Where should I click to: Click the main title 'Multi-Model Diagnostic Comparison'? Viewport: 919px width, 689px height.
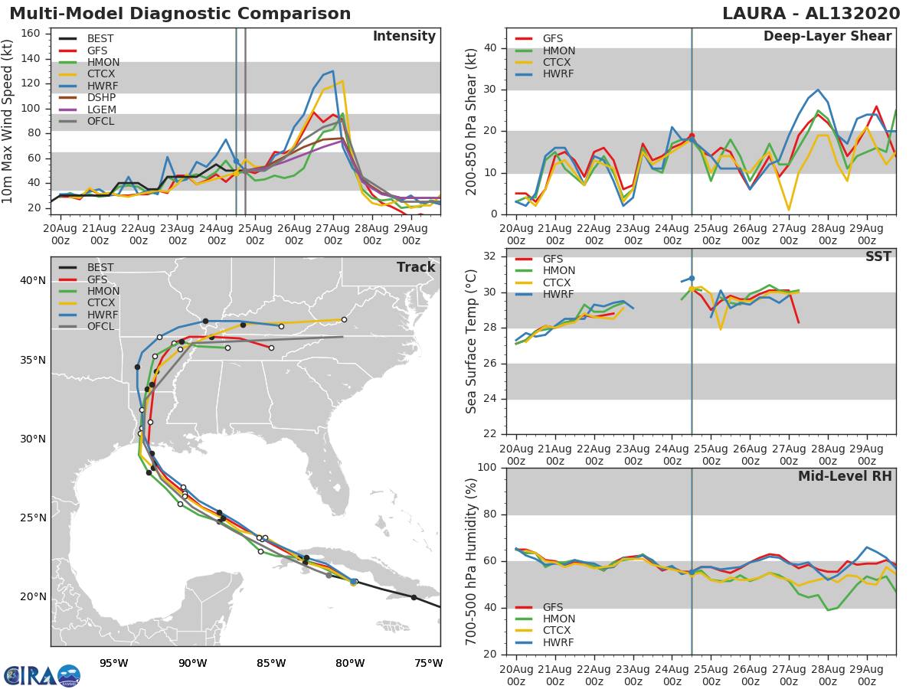click(180, 14)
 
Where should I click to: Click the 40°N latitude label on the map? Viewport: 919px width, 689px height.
click(31, 281)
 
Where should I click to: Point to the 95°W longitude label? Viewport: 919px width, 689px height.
click(113, 663)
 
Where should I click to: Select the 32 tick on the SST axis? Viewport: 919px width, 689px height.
click(490, 256)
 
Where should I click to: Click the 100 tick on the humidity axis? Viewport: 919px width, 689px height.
click(486, 468)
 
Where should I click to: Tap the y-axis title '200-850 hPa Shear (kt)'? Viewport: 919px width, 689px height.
click(473, 121)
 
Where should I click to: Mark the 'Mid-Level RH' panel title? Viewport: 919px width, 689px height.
click(844, 476)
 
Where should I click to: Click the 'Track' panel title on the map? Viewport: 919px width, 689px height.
click(415, 267)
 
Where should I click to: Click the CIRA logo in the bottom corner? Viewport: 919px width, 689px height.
click(42, 674)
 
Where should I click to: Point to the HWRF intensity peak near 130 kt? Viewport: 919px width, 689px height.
click(332, 71)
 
